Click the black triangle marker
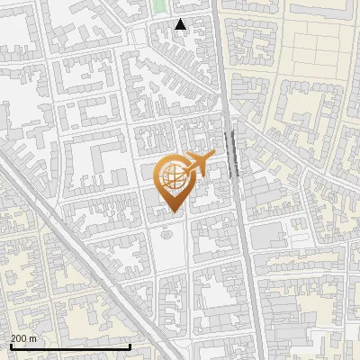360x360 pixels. (181, 24)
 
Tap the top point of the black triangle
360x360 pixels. (181, 19)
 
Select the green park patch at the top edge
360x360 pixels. (159, 6)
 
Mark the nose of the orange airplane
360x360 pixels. (214, 156)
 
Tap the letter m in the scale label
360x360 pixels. (34, 338)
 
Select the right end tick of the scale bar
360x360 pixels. (130, 346)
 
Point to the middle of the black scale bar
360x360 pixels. (70, 347)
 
